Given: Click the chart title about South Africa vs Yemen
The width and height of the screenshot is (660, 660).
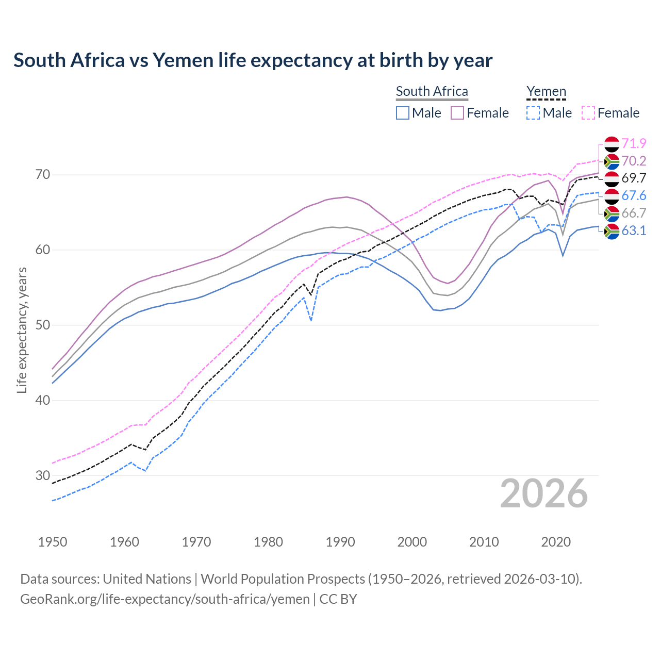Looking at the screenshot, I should [x=253, y=60].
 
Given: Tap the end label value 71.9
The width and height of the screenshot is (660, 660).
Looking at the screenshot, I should [x=634, y=143].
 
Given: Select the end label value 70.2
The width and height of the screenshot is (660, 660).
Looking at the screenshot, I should [x=634, y=161].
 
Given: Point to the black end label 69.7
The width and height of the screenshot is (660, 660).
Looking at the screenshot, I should [x=634, y=178].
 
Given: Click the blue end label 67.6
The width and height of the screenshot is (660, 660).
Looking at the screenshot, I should [x=634, y=195].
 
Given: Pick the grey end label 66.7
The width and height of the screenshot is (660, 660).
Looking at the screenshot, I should [x=634, y=213].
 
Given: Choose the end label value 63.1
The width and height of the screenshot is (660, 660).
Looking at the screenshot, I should [x=634, y=230].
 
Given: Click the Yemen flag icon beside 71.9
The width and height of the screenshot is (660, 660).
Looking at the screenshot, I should [x=612, y=144].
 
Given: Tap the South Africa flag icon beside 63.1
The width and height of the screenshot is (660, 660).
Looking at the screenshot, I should [x=612, y=231].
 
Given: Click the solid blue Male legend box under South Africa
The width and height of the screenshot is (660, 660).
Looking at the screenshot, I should [x=403, y=113].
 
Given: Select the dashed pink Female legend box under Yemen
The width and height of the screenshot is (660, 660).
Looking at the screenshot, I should [x=588, y=113].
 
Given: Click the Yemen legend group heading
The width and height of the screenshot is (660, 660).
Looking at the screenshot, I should [x=546, y=92].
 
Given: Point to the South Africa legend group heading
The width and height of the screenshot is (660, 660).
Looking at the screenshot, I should [x=432, y=92].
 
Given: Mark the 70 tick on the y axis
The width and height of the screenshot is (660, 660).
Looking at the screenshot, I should [x=43, y=175].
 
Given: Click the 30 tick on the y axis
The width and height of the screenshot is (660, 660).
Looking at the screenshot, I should [x=43, y=475].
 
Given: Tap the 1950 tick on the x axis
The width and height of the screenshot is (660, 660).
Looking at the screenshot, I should [x=53, y=542].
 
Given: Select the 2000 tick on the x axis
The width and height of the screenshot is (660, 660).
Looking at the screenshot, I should [x=412, y=542].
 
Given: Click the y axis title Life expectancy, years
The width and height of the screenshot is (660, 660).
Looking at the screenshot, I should [x=22, y=330].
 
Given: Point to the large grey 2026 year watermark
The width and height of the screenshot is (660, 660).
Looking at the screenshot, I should [x=544, y=493].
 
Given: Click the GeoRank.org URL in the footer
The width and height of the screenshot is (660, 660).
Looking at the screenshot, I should [x=165, y=599].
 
